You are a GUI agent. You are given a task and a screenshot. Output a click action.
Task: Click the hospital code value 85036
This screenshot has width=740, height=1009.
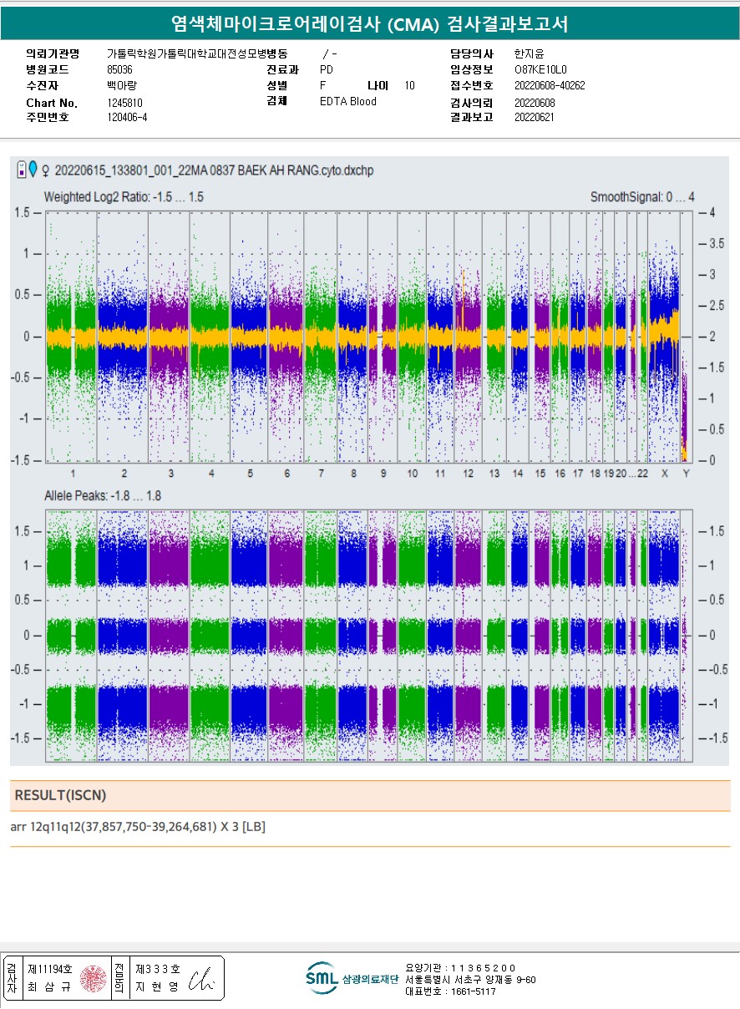[x=120, y=69]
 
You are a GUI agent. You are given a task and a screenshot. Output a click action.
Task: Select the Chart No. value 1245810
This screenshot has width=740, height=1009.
[x=125, y=103]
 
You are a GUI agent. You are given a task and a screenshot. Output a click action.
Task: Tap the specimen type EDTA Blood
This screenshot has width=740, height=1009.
[x=347, y=102]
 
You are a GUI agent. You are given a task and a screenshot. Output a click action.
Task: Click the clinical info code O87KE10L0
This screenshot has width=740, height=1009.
[x=540, y=69]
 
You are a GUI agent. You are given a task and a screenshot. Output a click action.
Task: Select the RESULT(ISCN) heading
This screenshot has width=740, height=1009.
[x=60, y=795]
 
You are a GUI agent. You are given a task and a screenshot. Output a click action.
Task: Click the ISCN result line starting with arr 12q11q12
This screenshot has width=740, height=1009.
[x=138, y=827]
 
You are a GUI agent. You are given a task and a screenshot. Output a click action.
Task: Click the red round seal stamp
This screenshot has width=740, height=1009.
[x=94, y=978]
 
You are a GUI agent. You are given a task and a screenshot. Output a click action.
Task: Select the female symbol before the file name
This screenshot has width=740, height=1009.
[x=45, y=170]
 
